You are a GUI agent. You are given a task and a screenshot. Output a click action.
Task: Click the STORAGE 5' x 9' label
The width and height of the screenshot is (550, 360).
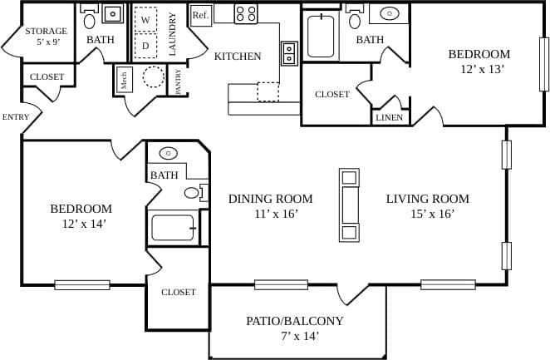(x=46, y=37)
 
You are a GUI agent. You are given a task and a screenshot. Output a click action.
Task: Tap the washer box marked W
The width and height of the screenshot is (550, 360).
(x=145, y=19)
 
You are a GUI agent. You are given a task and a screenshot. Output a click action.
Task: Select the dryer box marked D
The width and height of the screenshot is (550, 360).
(x=145, y=45)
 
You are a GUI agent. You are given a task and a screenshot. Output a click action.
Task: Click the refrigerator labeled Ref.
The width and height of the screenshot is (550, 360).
(x=200, y=15)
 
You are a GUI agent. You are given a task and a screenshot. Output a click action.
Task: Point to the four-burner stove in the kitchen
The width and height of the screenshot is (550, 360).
(x=245, y=12)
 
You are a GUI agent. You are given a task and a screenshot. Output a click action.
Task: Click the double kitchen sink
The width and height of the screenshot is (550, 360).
(x=289, y=53)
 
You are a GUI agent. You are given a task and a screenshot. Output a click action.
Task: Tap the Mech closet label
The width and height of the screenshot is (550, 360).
(x=124, y=80)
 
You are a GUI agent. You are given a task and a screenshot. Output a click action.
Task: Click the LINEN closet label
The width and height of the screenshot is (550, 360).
(x=389, y=117)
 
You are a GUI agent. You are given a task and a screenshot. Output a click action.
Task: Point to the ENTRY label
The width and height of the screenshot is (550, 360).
(x=15, y=117)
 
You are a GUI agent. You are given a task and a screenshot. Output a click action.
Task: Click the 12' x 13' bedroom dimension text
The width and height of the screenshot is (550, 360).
(x=483, y=69)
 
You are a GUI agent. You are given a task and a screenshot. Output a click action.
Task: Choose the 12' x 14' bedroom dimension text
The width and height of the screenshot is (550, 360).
(x=81, y=224)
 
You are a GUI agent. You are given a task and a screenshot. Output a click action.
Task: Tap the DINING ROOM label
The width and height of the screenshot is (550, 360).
(x=270, y=199)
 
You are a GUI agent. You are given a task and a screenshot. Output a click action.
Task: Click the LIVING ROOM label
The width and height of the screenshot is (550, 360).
(x=427, y=199)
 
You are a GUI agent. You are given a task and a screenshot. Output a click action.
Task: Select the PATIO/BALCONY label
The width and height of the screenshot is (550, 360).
(x=294, y=321)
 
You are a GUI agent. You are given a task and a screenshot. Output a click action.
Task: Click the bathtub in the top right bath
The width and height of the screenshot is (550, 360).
(x=320, y=35)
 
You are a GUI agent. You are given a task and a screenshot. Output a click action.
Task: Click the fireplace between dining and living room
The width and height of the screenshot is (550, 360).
(x=350, y=205)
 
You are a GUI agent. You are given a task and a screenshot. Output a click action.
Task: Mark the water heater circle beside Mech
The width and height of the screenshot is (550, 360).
(x=154, y=77)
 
